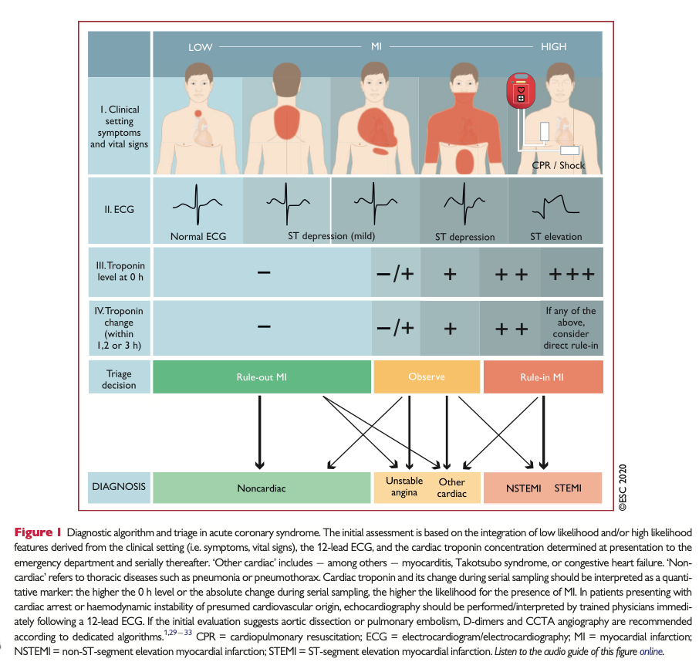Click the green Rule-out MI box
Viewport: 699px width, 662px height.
(262, 377)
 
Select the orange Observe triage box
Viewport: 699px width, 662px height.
(427, 377)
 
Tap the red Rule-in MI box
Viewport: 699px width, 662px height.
(542, 377)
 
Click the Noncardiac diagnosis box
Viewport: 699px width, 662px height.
(262, 488)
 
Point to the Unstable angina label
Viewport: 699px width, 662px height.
(404, 487)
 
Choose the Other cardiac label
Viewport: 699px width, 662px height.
(451, 488)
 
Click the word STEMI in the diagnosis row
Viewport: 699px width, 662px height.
(568, 488)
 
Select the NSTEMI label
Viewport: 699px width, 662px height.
(525, 488)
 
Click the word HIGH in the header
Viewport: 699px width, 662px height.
(553, 47)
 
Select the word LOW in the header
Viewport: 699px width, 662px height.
(201, 47)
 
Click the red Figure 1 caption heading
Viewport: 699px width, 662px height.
(38, 533)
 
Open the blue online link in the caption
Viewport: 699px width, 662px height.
(650, 653)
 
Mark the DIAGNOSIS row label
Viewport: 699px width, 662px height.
(119, 487)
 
